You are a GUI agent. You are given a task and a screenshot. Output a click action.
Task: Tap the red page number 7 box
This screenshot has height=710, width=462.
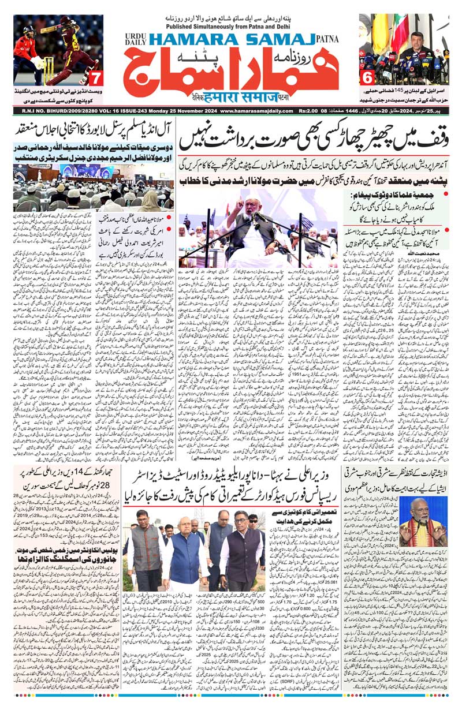click(x=96, y=77)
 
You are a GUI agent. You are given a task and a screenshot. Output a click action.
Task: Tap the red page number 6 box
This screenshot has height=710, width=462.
click(x=366, y=77)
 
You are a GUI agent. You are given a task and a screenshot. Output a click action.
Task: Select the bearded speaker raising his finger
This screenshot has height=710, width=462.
click(x=252, y=219)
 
